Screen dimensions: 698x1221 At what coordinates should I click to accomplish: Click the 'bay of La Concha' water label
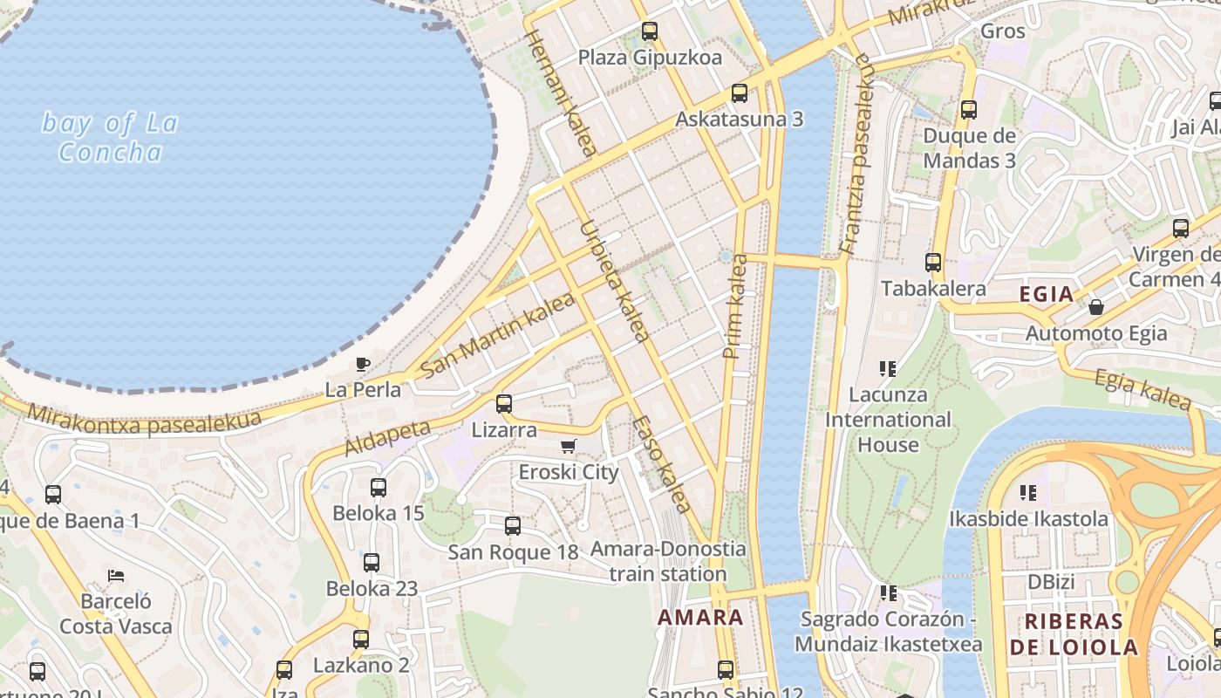110,138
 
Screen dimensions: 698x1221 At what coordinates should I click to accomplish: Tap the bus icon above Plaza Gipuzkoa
650,32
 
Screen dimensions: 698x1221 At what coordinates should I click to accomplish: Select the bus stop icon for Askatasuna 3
740,92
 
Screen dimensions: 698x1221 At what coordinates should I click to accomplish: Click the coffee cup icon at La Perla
363,364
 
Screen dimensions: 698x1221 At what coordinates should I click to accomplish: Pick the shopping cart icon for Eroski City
568,447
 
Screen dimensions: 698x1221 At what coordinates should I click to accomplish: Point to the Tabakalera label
933,289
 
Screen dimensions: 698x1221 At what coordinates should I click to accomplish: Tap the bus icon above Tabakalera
933,262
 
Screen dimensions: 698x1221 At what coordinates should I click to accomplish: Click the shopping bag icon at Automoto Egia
1096,307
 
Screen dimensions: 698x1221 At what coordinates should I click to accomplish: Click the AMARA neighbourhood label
700,618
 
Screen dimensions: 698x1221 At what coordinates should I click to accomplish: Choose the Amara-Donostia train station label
668,562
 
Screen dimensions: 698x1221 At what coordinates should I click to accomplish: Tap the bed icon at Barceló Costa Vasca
116,576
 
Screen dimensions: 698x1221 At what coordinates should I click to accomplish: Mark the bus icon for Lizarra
504,404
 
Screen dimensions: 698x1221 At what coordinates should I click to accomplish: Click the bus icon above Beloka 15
379,488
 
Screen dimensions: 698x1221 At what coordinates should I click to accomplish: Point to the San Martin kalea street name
497,335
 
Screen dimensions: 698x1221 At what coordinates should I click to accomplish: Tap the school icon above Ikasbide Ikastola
1028,493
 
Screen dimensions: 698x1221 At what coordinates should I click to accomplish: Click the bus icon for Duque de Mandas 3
969,110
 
